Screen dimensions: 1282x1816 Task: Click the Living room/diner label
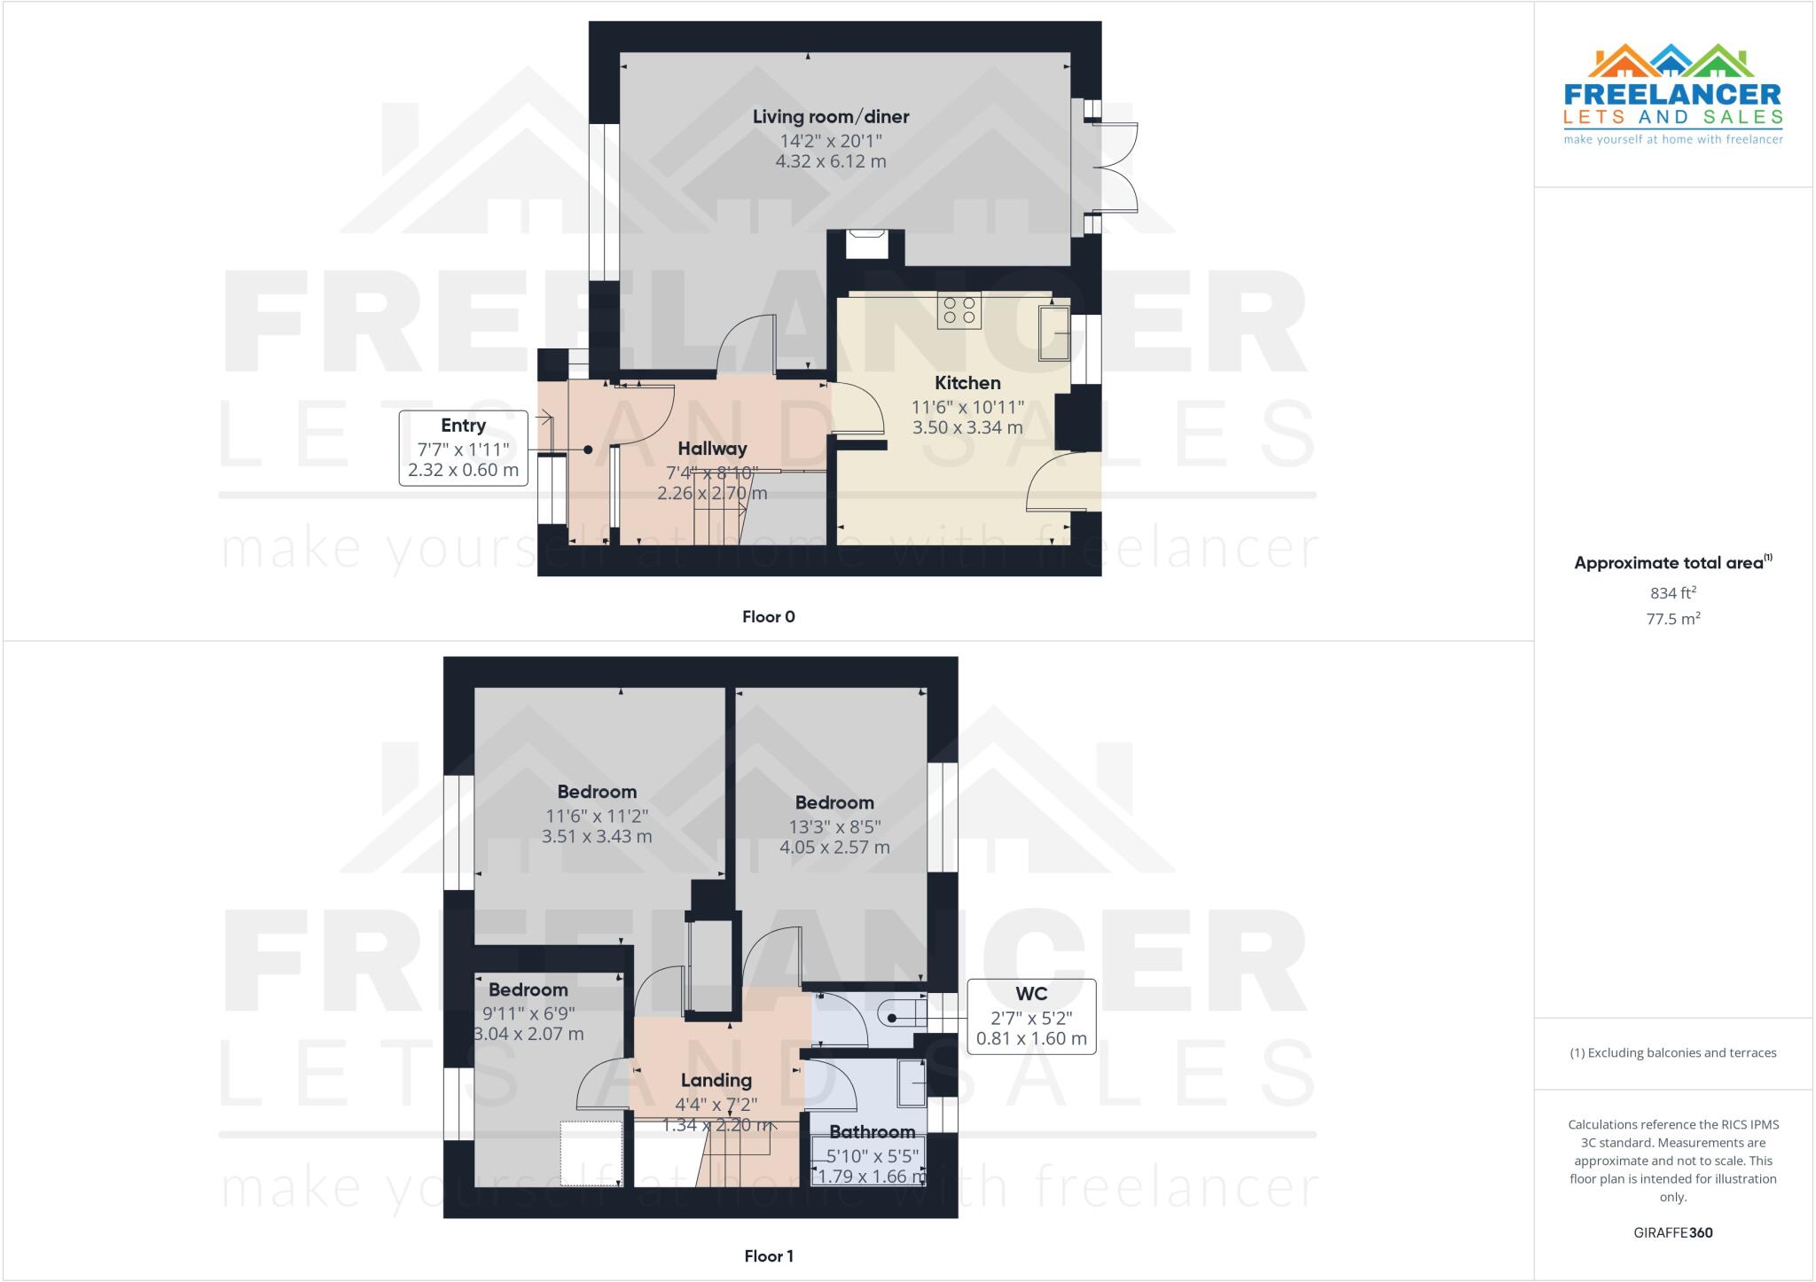click(831, 117)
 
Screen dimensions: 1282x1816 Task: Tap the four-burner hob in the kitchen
click(959, 310)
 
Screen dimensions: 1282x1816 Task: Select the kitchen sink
click(1054, 333)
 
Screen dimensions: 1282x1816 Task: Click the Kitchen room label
click(967, 383)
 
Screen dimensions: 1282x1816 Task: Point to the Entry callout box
click(463, 448)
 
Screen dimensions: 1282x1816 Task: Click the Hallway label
click(712, 449)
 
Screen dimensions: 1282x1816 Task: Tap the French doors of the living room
click(1114, 167)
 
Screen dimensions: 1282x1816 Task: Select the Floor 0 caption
click(769, 617)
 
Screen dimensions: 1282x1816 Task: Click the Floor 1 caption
click(769, 1256)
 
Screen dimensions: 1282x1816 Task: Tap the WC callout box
click(1030, 1016)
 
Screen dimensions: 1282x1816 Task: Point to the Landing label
click(716, 1081)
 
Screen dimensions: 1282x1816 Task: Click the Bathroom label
click(873, 1132)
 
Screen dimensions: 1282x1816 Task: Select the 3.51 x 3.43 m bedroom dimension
click(597, 836)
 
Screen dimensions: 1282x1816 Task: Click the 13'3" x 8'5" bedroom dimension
click(834, 826)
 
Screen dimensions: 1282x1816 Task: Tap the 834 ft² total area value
click(1673, 593)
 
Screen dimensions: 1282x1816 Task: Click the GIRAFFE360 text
click(1673, 1232)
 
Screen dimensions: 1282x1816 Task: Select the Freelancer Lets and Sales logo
click(1672, 94)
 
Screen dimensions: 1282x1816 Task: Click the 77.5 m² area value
click(1673, 619)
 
